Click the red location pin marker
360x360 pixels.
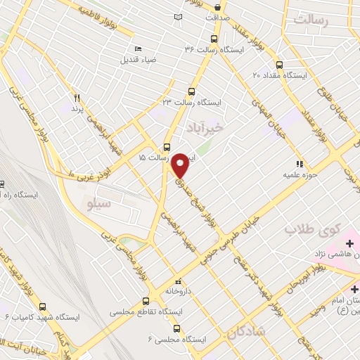click(x=181, y=165)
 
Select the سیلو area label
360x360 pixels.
click(x=97, y=205)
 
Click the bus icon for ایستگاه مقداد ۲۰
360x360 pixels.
click(x=280, y=63)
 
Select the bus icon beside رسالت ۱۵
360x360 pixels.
click(x=167, y=148)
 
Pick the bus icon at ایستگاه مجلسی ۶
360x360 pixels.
click(x=176, y=328)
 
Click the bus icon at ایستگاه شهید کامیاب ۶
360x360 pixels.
click(x=42, y=307)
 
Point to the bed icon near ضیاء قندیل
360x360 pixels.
click(x=138, y=49)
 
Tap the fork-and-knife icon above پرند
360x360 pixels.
click(x=77, y=98)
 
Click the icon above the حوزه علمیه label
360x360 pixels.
click(x=300, y=163)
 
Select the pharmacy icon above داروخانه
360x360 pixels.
click(x=177, y=279)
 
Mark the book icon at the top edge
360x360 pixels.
click(x=178, y=16)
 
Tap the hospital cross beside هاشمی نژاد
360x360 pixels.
click(x=349, y=243)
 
